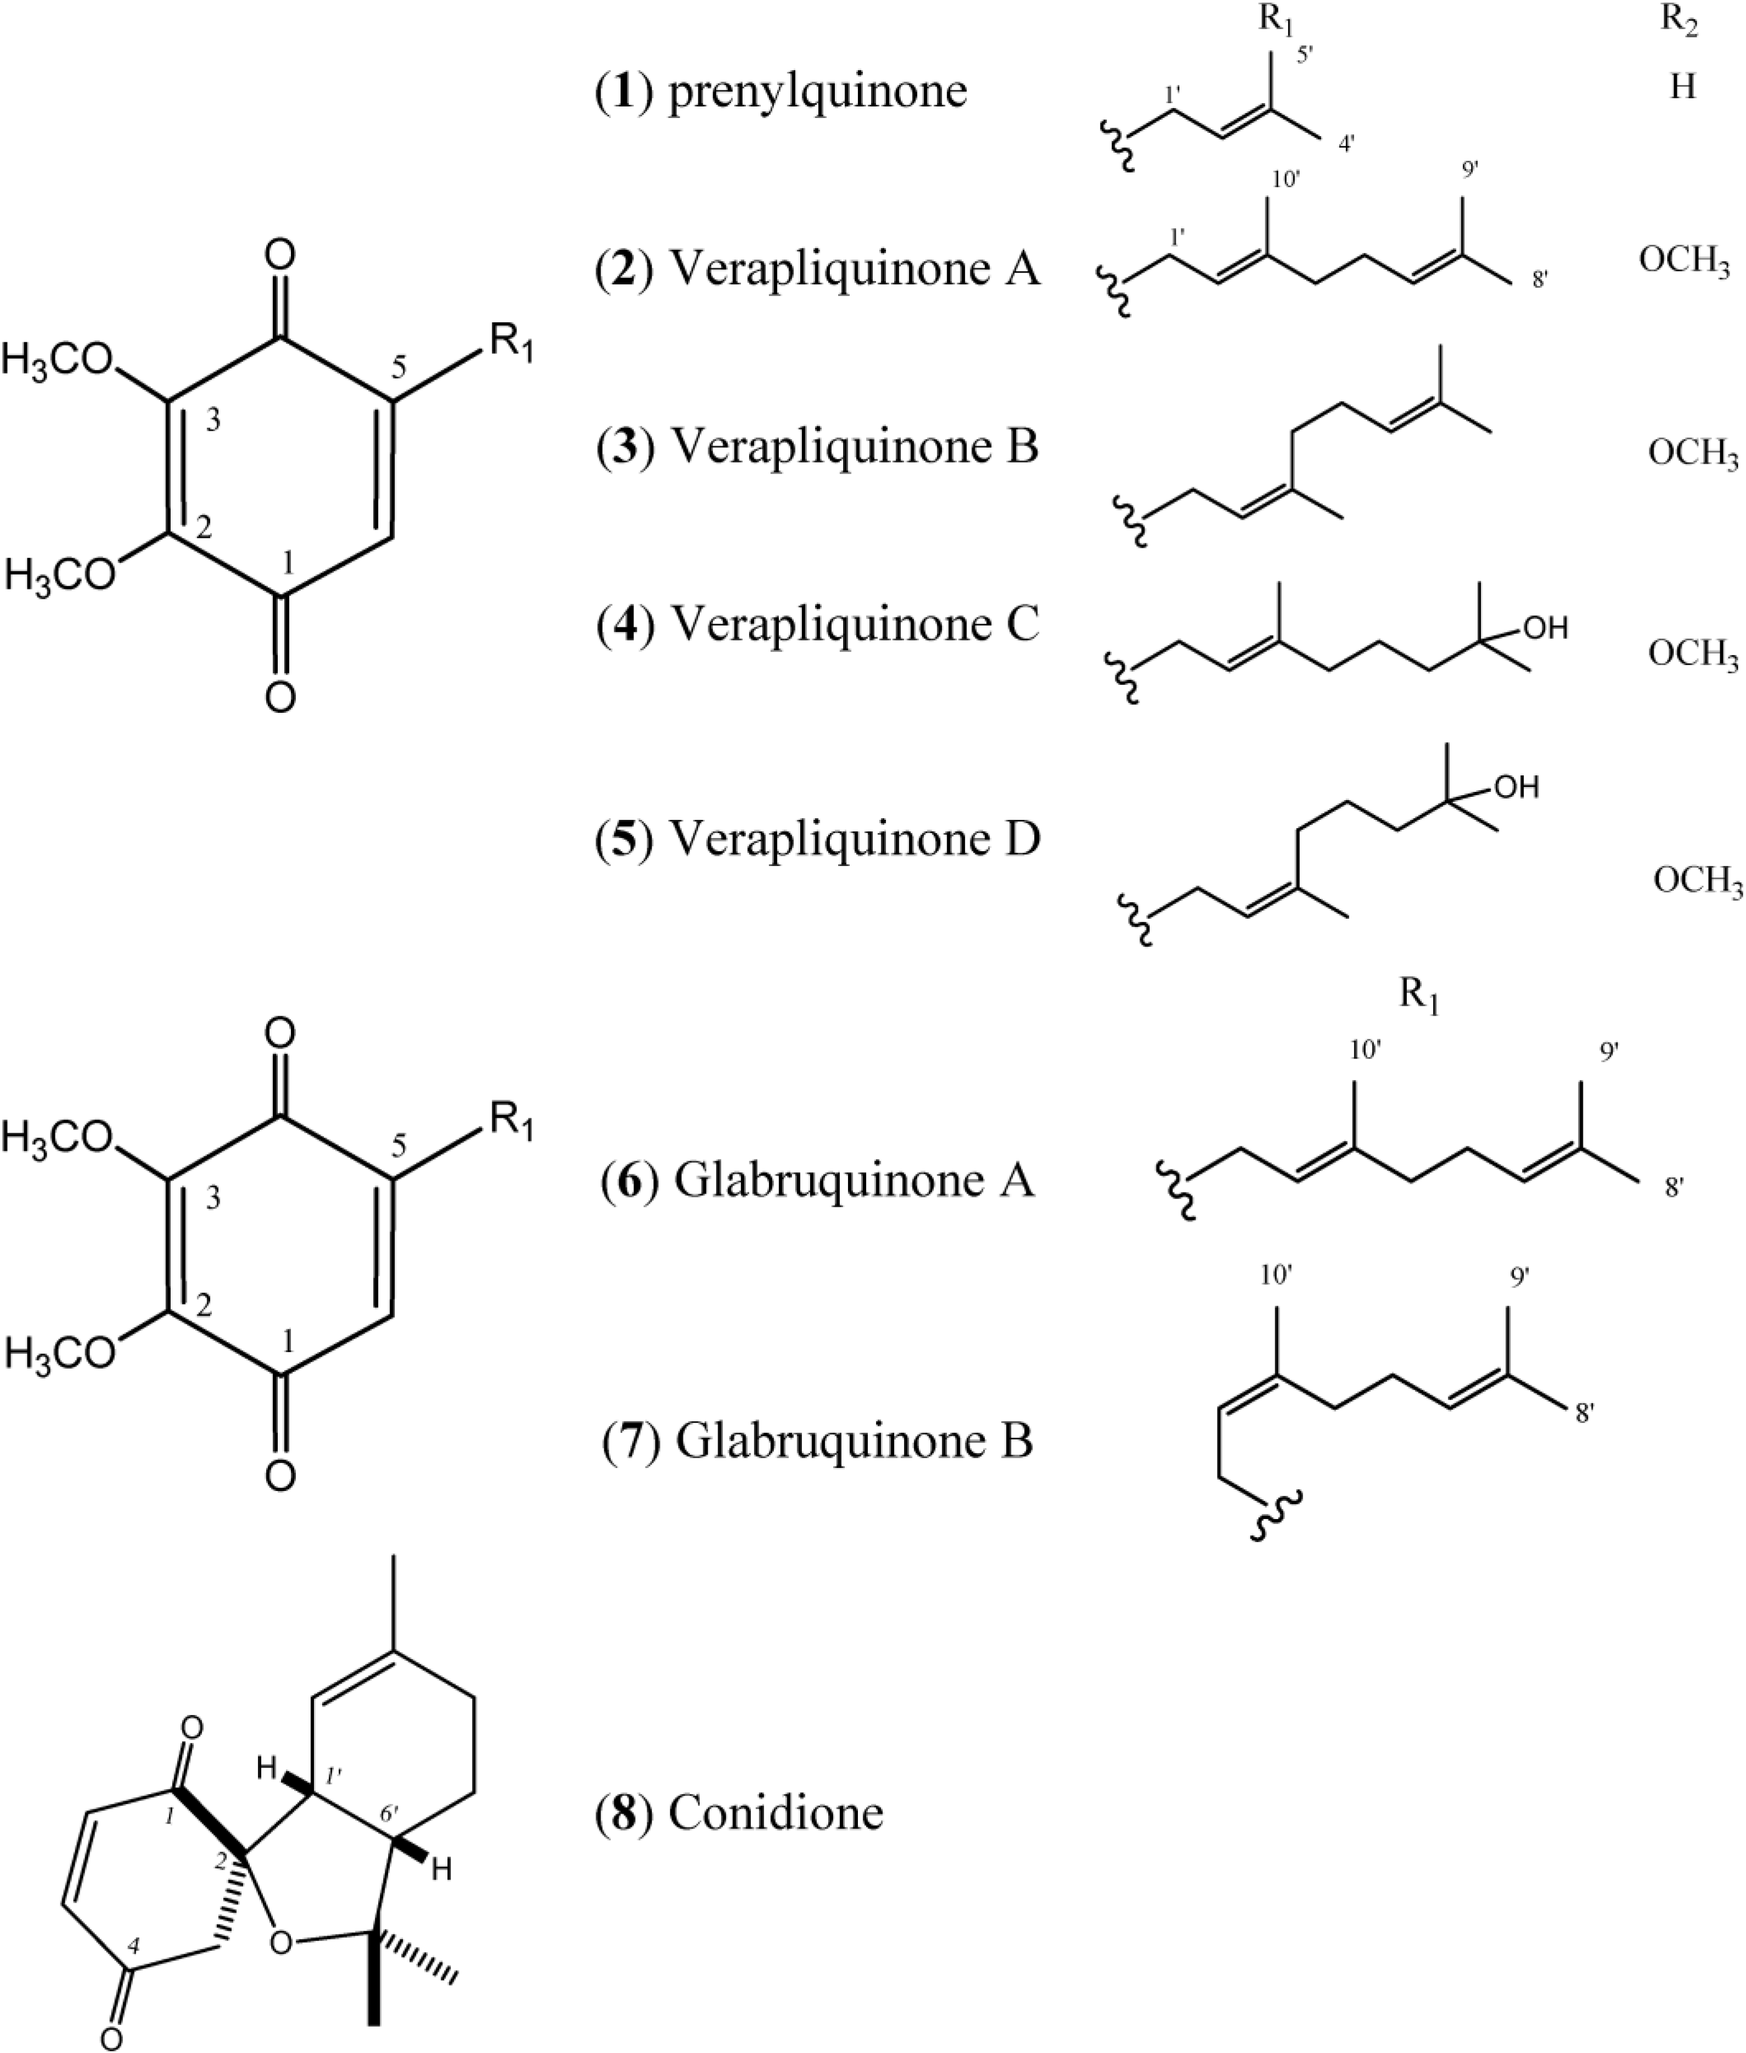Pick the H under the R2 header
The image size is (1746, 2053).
[x=1683, y=87]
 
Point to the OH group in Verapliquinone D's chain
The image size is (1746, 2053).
[x=1517, y=788]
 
